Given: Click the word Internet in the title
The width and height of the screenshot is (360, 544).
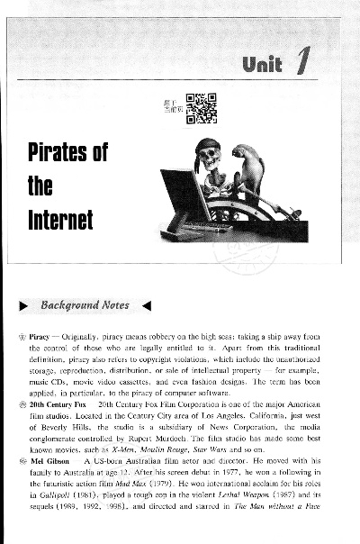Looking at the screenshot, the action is [64, 219].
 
